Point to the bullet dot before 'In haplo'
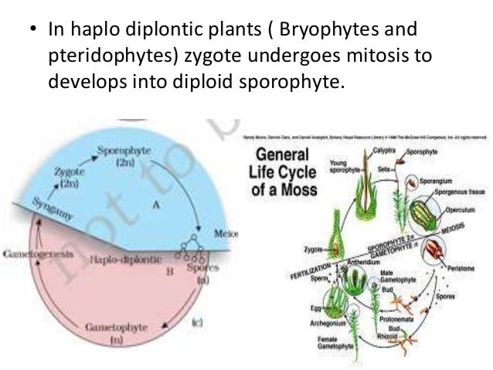30,32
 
